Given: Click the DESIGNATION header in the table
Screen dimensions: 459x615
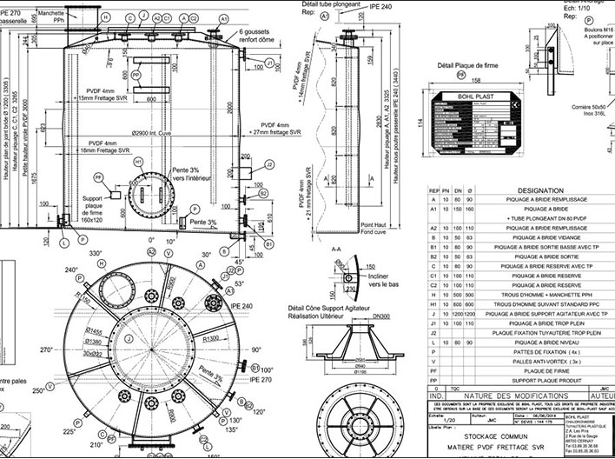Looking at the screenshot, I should click(x=539, y=188).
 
